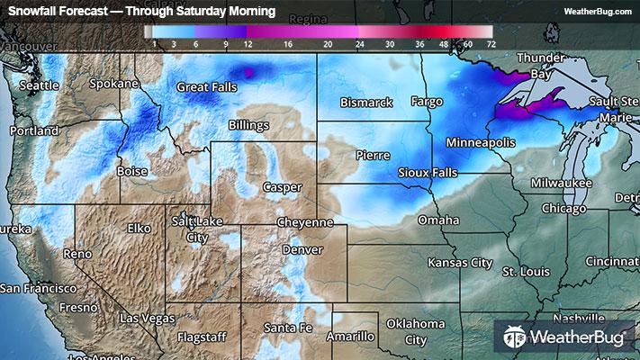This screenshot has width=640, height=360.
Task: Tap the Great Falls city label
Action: click(x=206, y=87)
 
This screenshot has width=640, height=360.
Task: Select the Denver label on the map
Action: click(x=302, y=249)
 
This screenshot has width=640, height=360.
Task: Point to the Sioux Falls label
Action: click(x=427, y=172)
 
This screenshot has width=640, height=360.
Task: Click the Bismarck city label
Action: click(x=367, y=102)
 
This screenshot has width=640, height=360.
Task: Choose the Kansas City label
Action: click(x=460, y=263)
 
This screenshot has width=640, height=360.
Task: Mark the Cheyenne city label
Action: click(x=305, y=221)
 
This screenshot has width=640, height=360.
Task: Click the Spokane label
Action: click(x=114, y=84)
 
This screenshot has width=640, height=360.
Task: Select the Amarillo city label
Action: click(x=349, y=336)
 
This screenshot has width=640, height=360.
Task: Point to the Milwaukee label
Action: click(x=561, y=183)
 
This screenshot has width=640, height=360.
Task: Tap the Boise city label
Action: click(x=132, y=171)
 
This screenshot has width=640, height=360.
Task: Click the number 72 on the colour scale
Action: click(x=490, y=43)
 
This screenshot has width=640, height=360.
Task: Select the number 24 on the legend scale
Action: click(x=360, y=43)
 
